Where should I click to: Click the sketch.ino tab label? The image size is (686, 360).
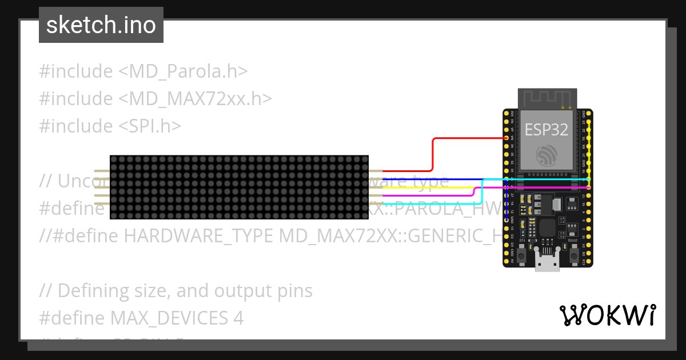pos(101,25)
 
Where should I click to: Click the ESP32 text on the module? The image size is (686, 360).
pos(547,130)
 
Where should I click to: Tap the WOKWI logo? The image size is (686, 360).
pos(607,315)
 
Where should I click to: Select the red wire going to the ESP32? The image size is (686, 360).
pos(433,154)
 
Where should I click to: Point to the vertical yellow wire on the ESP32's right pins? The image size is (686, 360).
pos(589,154)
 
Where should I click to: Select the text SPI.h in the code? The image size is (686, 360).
pos(150,126)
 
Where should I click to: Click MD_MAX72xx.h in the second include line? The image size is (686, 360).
pos(195,99)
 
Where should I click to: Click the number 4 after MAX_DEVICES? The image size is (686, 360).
pos(238,318)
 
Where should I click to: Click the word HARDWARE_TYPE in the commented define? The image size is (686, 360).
pos(198,235)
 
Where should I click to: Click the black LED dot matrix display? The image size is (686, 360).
pos(239,187)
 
